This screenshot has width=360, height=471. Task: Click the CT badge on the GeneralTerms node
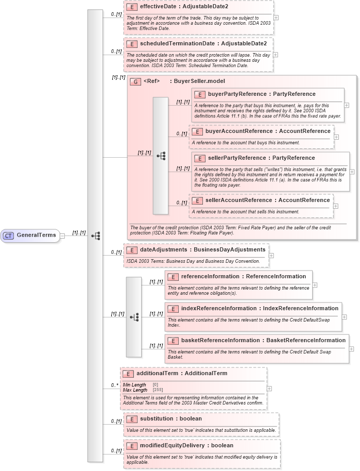(x=8, y=235)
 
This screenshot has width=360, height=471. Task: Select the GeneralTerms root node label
(x=36, y=235)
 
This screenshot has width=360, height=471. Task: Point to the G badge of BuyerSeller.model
(x=135, y=81)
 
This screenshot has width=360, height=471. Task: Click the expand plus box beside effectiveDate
(x=277, y=17)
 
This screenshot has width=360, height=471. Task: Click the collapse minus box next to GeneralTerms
(x=62, y=235)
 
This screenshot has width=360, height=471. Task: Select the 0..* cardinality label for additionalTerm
(x=114, y=385)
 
